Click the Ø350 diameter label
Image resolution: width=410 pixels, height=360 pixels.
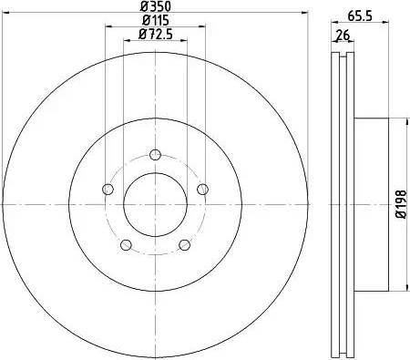155,7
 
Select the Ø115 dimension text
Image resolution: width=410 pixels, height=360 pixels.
155,21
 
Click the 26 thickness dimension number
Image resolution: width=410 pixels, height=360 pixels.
343,36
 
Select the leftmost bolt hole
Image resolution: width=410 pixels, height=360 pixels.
108,189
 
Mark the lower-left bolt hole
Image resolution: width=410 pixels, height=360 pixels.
126,244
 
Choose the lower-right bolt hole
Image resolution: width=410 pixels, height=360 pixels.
184,244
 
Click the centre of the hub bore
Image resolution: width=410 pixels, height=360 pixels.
155,202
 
